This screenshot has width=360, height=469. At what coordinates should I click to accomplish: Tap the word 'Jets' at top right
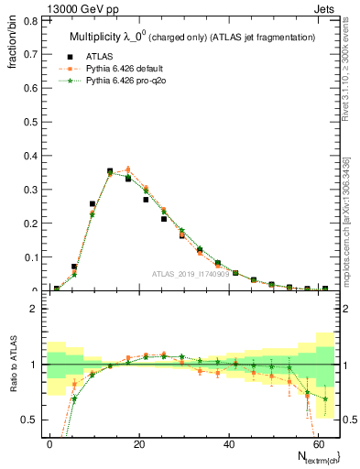(x=326, y=8)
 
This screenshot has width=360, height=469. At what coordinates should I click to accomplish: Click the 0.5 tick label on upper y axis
(x=28, y=121)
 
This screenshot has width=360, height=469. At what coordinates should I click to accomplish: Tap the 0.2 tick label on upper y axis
(x=28, y=223)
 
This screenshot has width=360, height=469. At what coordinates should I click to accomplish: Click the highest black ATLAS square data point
(x=110, y=171)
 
